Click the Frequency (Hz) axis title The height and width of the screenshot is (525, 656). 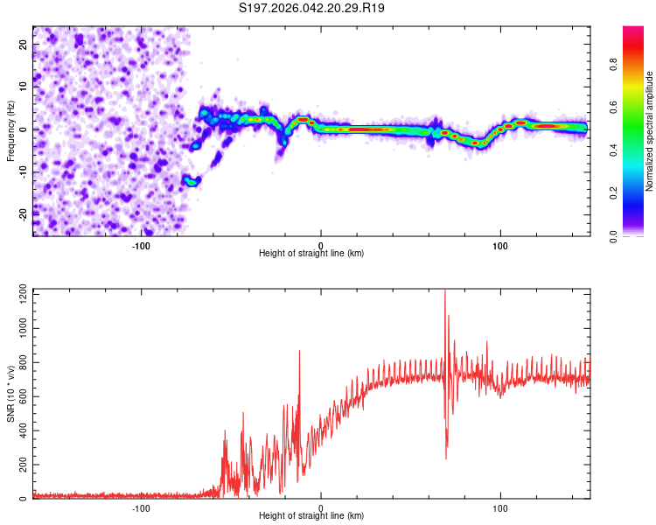tap(10, 131)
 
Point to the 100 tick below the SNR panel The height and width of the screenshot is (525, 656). tap(500, 507)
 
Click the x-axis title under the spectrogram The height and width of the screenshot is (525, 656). tap(311, 254)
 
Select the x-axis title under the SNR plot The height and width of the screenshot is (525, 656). tap(311, 516)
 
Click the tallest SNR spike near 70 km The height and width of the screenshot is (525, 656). tap(444, 292)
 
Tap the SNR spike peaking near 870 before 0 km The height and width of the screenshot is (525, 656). tap(299, 351)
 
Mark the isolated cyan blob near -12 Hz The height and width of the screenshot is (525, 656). tap(191, 181)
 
